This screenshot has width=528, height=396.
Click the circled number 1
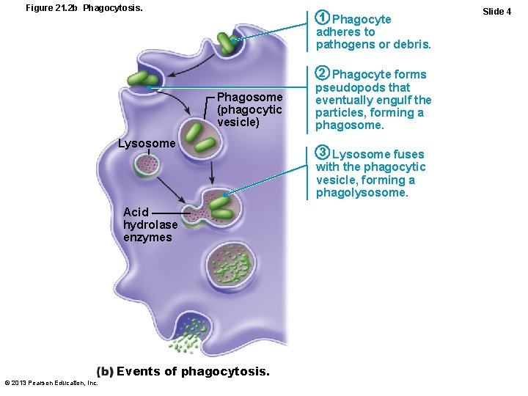(322, 18)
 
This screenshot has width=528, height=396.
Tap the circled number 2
(322, 73)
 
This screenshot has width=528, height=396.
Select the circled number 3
(322, 153)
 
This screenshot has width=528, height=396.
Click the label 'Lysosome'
(147, 143)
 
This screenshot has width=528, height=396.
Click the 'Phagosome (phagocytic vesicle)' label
(249, 110)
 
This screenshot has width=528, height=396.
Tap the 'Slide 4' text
(497, 11)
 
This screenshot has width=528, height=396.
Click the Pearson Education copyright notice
(51, 383)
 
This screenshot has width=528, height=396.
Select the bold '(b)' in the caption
(105, 371)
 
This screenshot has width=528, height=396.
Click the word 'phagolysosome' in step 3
(362, 193)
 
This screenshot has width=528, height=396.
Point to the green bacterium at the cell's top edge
(227, 44)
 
